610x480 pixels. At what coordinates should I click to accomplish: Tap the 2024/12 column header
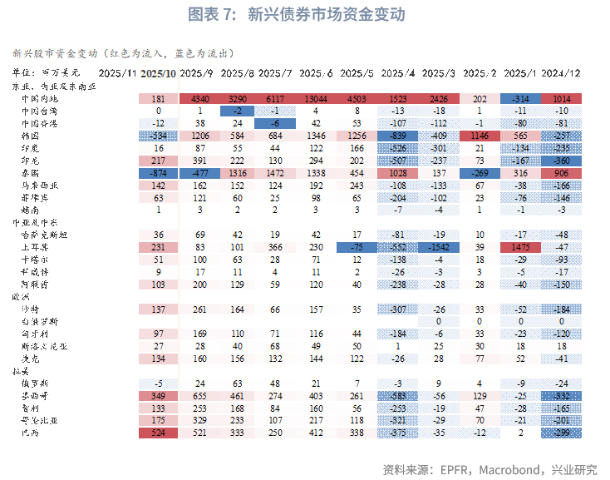tap(560, 73)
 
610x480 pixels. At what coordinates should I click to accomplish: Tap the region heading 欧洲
tap(20, 295)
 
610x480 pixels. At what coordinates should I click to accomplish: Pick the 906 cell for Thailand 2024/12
tap(560, 171)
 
